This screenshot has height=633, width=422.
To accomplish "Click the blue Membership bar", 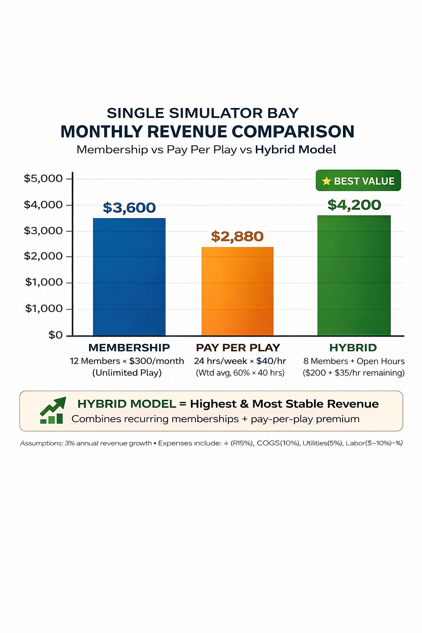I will point(129,276).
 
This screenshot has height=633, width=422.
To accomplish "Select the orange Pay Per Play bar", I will point(237,291).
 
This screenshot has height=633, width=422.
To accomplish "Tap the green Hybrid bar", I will point(354,275).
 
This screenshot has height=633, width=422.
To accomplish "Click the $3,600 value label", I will point(129,208).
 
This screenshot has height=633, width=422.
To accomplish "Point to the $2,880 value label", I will point(237,237).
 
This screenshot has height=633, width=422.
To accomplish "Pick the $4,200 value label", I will point(354,205).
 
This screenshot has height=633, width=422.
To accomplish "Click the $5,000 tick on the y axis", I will point(43,178).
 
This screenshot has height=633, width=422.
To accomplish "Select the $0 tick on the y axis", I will point(56,335).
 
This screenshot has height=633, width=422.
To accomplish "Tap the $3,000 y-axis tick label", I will point(43,230).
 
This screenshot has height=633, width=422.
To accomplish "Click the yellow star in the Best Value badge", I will point(326,181).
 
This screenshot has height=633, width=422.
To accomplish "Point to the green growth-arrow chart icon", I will point(52,410).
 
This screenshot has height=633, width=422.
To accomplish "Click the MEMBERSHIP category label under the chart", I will point(129,348).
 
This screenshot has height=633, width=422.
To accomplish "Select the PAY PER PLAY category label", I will point(238,348).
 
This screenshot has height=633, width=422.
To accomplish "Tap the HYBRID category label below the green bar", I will point(353,348).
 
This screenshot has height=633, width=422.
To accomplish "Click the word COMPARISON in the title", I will point(293,132).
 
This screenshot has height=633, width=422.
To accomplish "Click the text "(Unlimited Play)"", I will point(127,373).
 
